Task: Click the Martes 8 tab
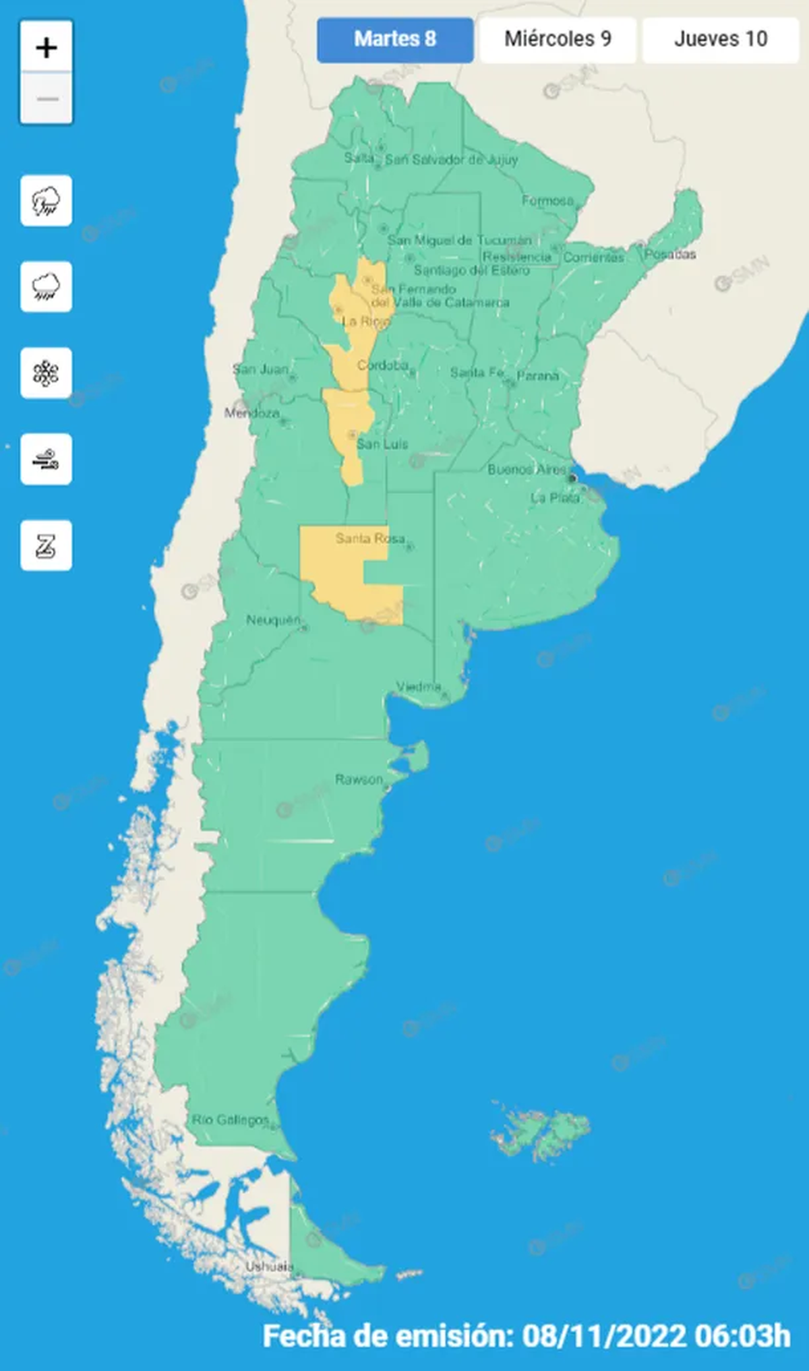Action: coord(395,40)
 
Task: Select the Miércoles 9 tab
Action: coord(558,40)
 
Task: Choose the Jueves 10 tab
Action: coord(720,40)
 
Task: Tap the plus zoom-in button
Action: coord(47,48)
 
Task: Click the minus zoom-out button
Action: coord(47,99)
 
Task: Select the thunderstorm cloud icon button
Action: coord(47,201)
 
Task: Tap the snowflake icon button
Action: coord(47,373)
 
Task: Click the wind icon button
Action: coord(47,460)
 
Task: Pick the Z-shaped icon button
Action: coord(47,546)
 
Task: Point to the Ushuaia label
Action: coord(269,1267)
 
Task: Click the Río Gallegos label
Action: coord(231,1120)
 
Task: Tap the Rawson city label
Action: coord(359,779)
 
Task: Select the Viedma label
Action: coord(419,686)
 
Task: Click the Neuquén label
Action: coord(273,619)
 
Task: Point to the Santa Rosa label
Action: coord(370,538)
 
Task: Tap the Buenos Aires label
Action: coord(527,469)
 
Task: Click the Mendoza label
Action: coord(252,413)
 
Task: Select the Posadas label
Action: coord(669,254)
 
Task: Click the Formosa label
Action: coord(547,200)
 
